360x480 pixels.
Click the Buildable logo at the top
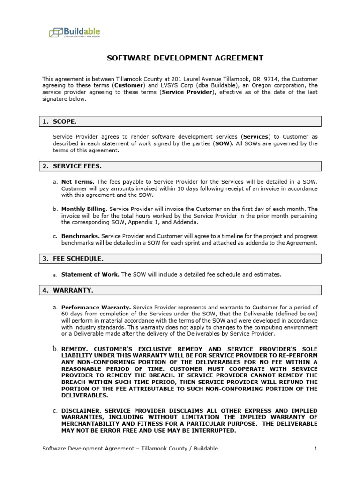[75, 32]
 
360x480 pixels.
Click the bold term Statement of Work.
[90, 274]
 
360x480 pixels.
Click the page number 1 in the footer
[316, 449]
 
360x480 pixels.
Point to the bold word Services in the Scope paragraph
[256, 136]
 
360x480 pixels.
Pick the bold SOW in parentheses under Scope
[222, 143]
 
